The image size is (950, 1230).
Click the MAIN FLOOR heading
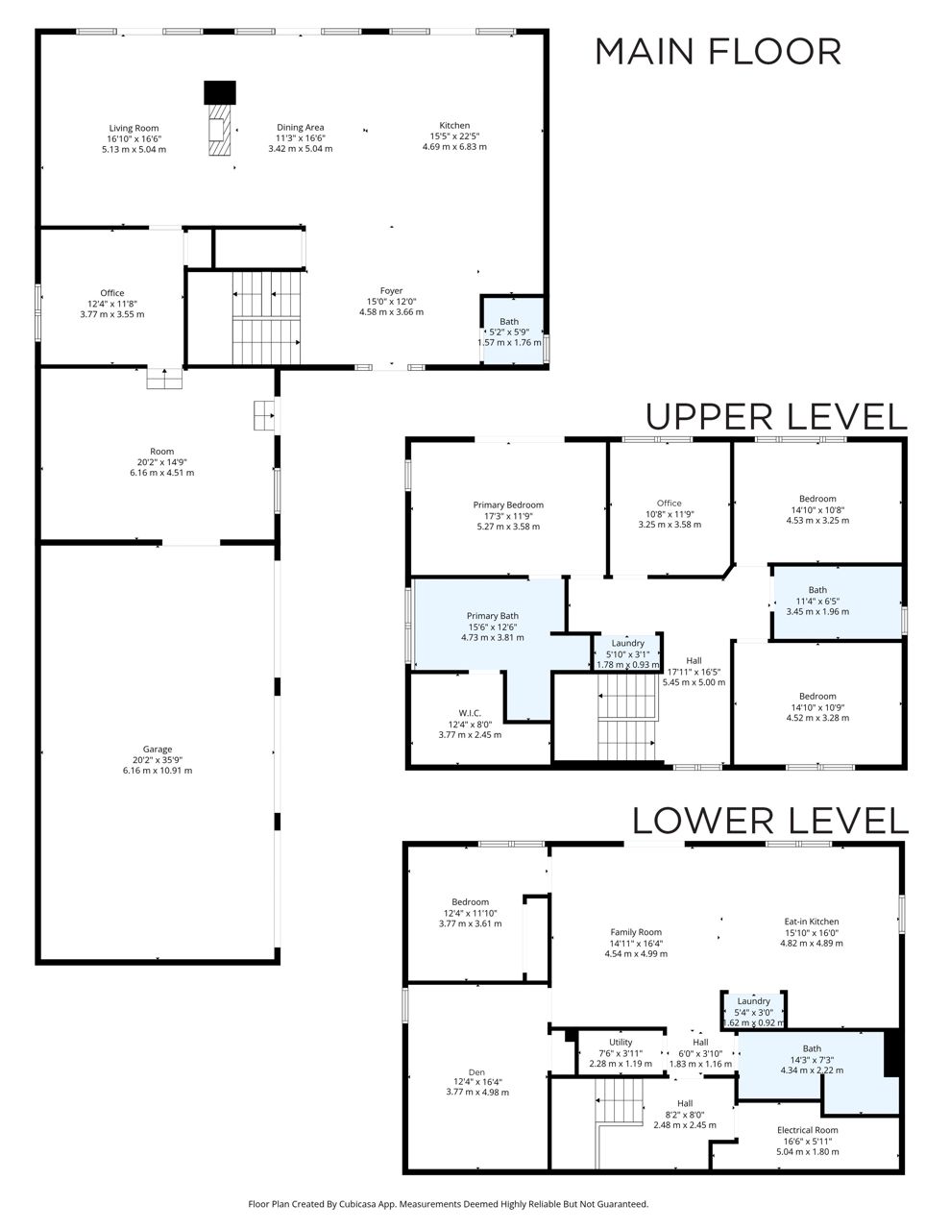point(718,52)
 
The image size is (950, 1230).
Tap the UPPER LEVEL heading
point(776,417)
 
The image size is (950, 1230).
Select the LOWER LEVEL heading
point(769,821)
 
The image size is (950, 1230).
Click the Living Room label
point(134,128)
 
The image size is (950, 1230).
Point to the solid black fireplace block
point(220,92)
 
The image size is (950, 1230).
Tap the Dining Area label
point(301,128)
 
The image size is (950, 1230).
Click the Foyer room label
point(392,291)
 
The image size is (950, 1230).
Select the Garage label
point(158,749)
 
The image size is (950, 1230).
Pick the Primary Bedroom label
point(508,504)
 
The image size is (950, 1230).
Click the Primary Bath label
point(492,616)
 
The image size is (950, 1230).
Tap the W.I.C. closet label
point(470,713)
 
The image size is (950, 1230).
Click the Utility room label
point(621,1042)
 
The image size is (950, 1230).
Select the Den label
point(477,1072)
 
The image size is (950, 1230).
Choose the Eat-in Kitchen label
point(812,922)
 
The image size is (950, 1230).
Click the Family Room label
point(636,932)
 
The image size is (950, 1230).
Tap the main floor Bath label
point(509,322)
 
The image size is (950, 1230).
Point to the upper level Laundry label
point(627,643)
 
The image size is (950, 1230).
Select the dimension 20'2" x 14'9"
point(161,462)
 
